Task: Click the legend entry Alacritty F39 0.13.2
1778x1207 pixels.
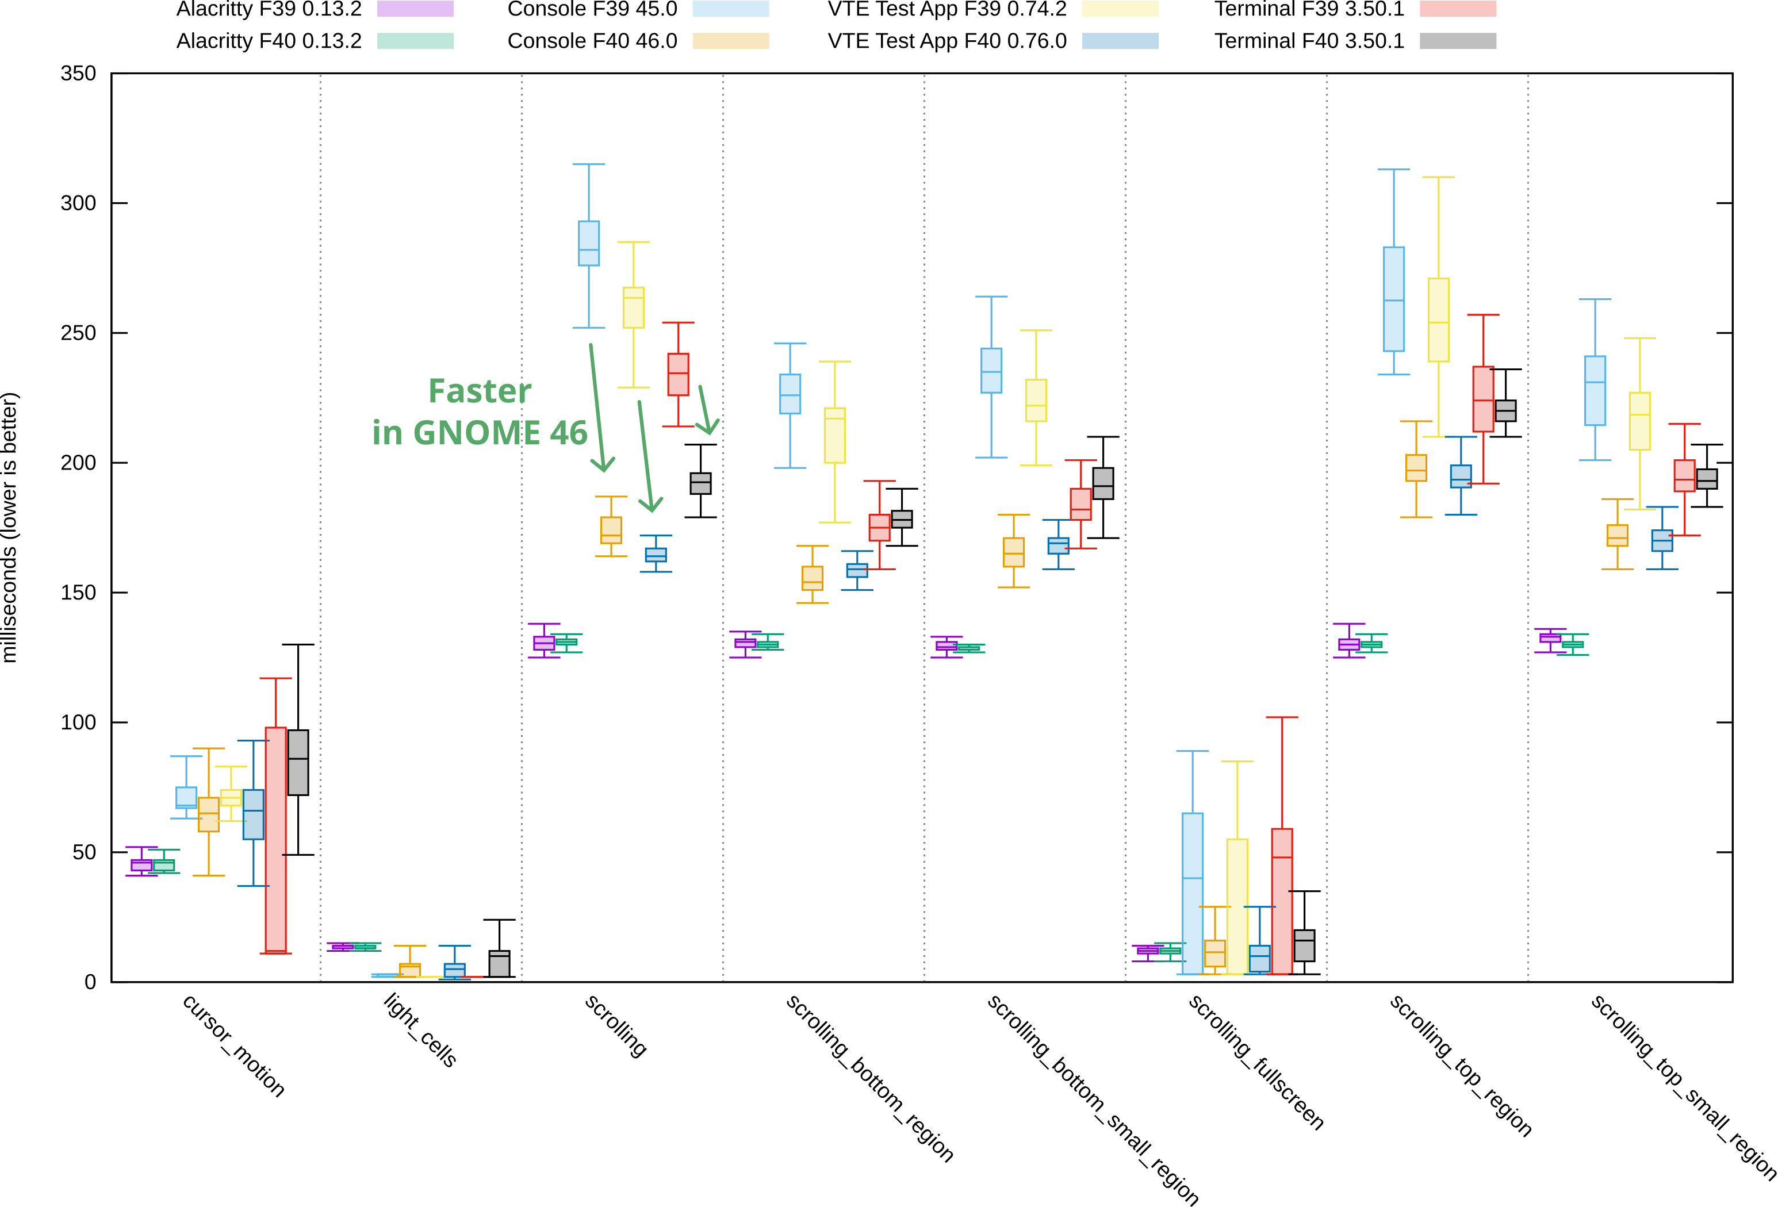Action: pos(269,9)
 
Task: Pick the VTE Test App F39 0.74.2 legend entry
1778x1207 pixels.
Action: pos(947,9)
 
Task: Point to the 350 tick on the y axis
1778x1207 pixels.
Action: pos(79,74)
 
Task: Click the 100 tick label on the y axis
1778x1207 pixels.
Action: pos(79,722)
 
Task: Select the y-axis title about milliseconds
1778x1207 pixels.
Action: pos(9,528)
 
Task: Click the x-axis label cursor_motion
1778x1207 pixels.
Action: pos(233,1045)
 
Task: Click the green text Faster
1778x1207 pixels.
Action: pos(480,391)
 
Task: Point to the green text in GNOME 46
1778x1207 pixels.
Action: pos(480,433)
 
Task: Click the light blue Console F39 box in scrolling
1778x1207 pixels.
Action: pos(588,243)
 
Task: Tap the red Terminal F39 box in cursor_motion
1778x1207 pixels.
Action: pos(275,839)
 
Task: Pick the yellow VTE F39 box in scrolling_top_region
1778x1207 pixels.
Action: pos(1438,320)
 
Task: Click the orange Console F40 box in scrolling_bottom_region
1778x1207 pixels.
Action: pos(812,578)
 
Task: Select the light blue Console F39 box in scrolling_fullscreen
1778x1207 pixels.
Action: pos(1192,893)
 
